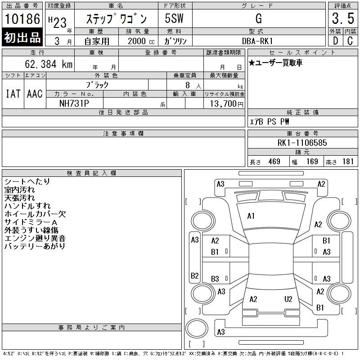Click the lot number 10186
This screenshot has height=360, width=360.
pyautogui.click(x=22, y=19)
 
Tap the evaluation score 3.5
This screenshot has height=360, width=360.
pyautogui.click(x=343, y=18)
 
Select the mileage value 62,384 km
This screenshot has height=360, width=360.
pyautogui.click(x=49, y=64)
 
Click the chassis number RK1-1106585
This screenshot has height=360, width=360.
pyautogui.click(x=302, y=143)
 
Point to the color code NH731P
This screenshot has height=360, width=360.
pyautogui.click(x=74, y=103)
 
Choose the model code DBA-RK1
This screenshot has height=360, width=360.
pyautogui.click(x=257, y=41)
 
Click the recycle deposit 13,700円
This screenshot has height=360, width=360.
pyautogui.click(x=227, y=103)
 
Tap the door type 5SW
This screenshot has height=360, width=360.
pyautogui.click(x=174, y=18)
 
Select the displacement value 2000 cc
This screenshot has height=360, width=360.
pyautogui.click(x=141, y=41)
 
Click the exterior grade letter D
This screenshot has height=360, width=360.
pyautogui.click(x=335, y=41)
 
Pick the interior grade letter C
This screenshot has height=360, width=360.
pyautogui.click(x=350, y=41)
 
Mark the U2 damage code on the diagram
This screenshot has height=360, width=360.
pyautogui.click(x=288, y=299)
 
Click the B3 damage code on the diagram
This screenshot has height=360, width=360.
pyautogui.click(x=215, y=279)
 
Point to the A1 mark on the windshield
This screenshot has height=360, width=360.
pyautogui.click(x=251, y=216)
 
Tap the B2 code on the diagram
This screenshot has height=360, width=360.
pyautogui.click(x=195, y=275)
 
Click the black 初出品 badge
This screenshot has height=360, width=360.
pyautogui.click(x=22, y=37)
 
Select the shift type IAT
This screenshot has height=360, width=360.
pyautogui.click(x=13, y=94)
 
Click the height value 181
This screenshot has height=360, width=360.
pyautogui.click(x=348, y=162)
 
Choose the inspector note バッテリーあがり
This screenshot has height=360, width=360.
pyautogui.click(x=35, y=246)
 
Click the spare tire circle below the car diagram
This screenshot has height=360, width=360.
pyautogui.click(x=197, y=328)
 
